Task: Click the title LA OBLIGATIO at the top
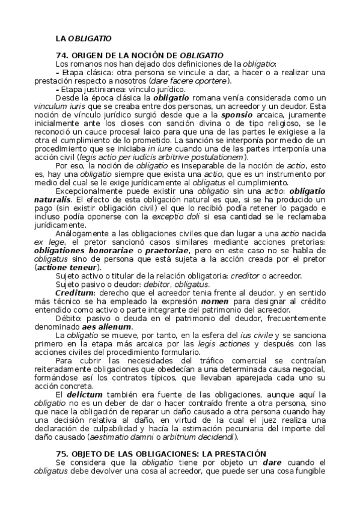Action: [x=83, y=38]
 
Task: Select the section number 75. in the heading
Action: [x=62, y=452]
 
